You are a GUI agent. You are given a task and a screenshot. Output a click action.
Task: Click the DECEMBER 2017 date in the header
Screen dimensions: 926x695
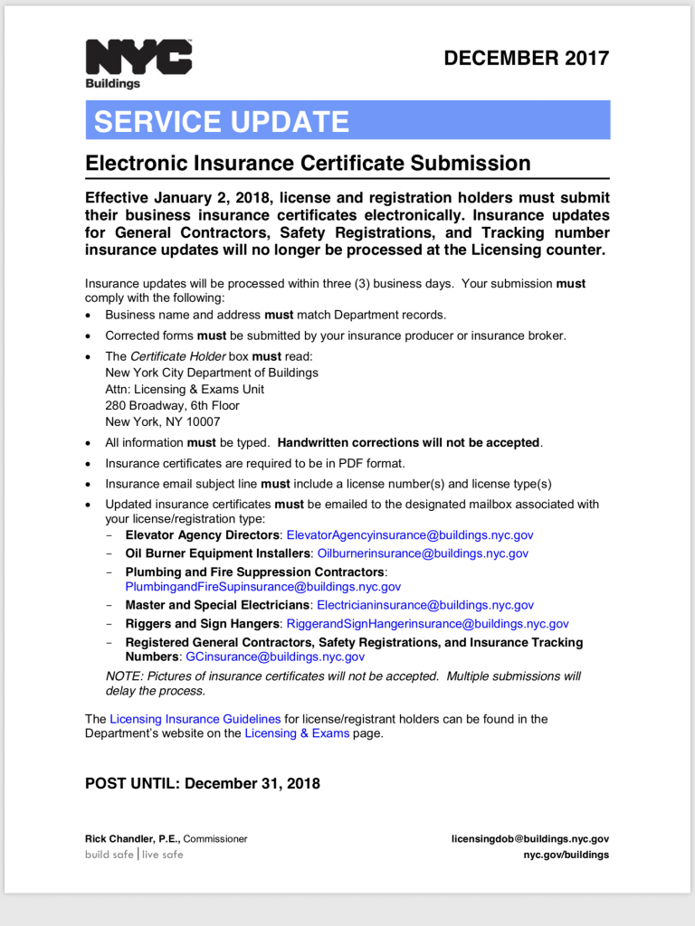tap(526, 59)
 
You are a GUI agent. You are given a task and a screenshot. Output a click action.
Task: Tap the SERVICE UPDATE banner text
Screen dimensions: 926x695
tap(221, 121)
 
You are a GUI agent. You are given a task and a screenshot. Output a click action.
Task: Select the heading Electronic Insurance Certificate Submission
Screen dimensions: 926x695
tap(308, 164)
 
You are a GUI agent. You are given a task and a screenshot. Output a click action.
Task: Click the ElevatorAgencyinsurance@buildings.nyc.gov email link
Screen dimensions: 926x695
tap(409, 535)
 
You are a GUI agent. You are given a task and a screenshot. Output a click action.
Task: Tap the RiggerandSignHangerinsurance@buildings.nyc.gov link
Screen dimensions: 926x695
tap(427, 624)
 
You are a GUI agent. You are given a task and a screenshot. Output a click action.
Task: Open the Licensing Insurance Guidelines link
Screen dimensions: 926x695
tap(195, 719)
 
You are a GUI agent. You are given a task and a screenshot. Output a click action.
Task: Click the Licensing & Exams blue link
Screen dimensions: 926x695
tap(297, 733)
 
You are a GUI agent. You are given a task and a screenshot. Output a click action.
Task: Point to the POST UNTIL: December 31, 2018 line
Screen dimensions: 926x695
tap(203, 784)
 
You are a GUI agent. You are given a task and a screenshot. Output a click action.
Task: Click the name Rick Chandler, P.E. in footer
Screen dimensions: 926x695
tap(132, 839)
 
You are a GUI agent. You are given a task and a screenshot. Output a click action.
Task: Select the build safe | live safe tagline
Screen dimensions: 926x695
tap(134, 855)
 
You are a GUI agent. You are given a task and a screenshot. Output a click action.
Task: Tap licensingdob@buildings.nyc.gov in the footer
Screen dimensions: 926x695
tap(530, 839)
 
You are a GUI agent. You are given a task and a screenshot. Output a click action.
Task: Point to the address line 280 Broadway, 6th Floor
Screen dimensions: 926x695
tap(172, 405)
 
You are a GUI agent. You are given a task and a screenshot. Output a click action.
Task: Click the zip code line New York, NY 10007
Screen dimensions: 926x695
tap(163, 421)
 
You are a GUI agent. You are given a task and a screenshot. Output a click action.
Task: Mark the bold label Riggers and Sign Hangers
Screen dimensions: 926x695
tap(202, 624)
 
